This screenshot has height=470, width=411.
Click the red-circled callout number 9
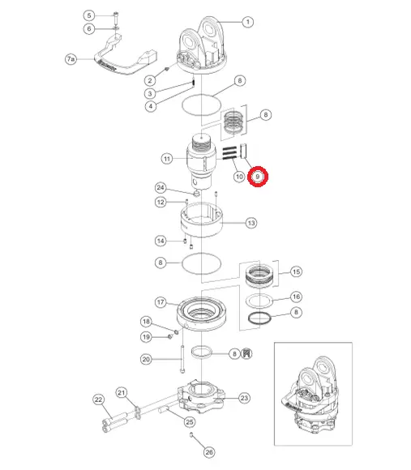tap(258, 177)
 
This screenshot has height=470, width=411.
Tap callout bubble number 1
tap(247, 22)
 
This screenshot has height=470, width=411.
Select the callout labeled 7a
tap(71, 59)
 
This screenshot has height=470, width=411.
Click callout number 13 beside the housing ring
tap(251, 223)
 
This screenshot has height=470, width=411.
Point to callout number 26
tap(209, 452)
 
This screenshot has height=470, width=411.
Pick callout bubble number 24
tap(161, 188)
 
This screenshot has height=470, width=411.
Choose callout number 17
tap(161, 302)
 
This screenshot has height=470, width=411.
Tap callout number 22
tap(99, 399)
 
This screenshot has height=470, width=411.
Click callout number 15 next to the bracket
tap(296, 271)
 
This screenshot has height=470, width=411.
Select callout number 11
tap(167, 159)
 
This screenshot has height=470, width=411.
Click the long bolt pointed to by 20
tap(182, 359)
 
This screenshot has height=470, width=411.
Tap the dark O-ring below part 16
tap(259, 318)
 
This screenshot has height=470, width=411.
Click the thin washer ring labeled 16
tap(259, 301)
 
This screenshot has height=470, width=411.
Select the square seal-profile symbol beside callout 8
tap(246, 353)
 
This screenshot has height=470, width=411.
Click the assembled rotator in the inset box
tap(310, 395)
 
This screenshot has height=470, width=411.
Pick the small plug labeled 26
tap(191, 434)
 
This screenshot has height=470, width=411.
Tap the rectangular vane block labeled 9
tap(243, 151)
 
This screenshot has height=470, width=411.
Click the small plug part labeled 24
tap(197, 194)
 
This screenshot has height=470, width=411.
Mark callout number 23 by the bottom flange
tap(245, 398)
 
